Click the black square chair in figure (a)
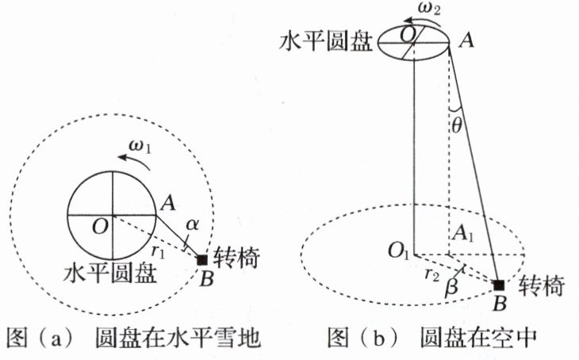[202, 259]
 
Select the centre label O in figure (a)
[100, 226]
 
